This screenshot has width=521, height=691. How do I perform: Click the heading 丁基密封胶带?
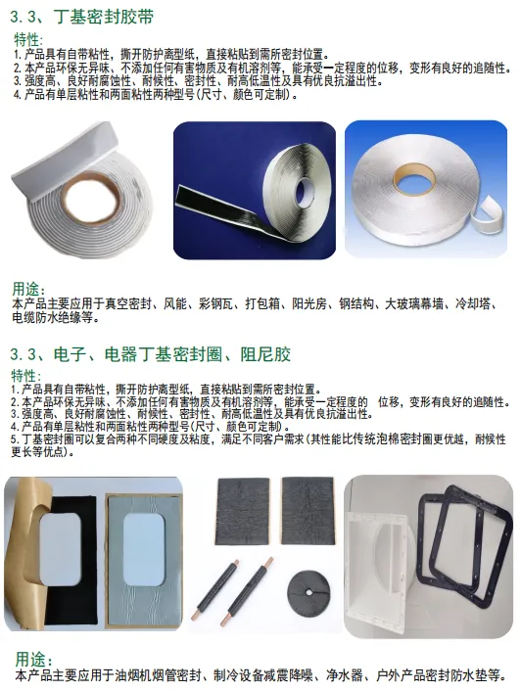tap(103, 18)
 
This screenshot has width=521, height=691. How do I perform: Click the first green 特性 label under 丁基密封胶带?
tap(26, 40)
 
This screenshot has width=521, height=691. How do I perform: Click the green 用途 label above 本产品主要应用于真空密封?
tap(26, 290)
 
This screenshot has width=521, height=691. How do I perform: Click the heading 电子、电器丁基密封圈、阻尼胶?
tap(172, 354)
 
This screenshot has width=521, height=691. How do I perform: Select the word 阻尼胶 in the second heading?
tap(265, 354)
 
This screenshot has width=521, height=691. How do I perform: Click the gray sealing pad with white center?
tap(144, 559)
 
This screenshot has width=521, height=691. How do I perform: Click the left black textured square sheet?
tap(242, 511)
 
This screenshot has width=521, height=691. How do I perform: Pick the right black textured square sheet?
tap(308, 510)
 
